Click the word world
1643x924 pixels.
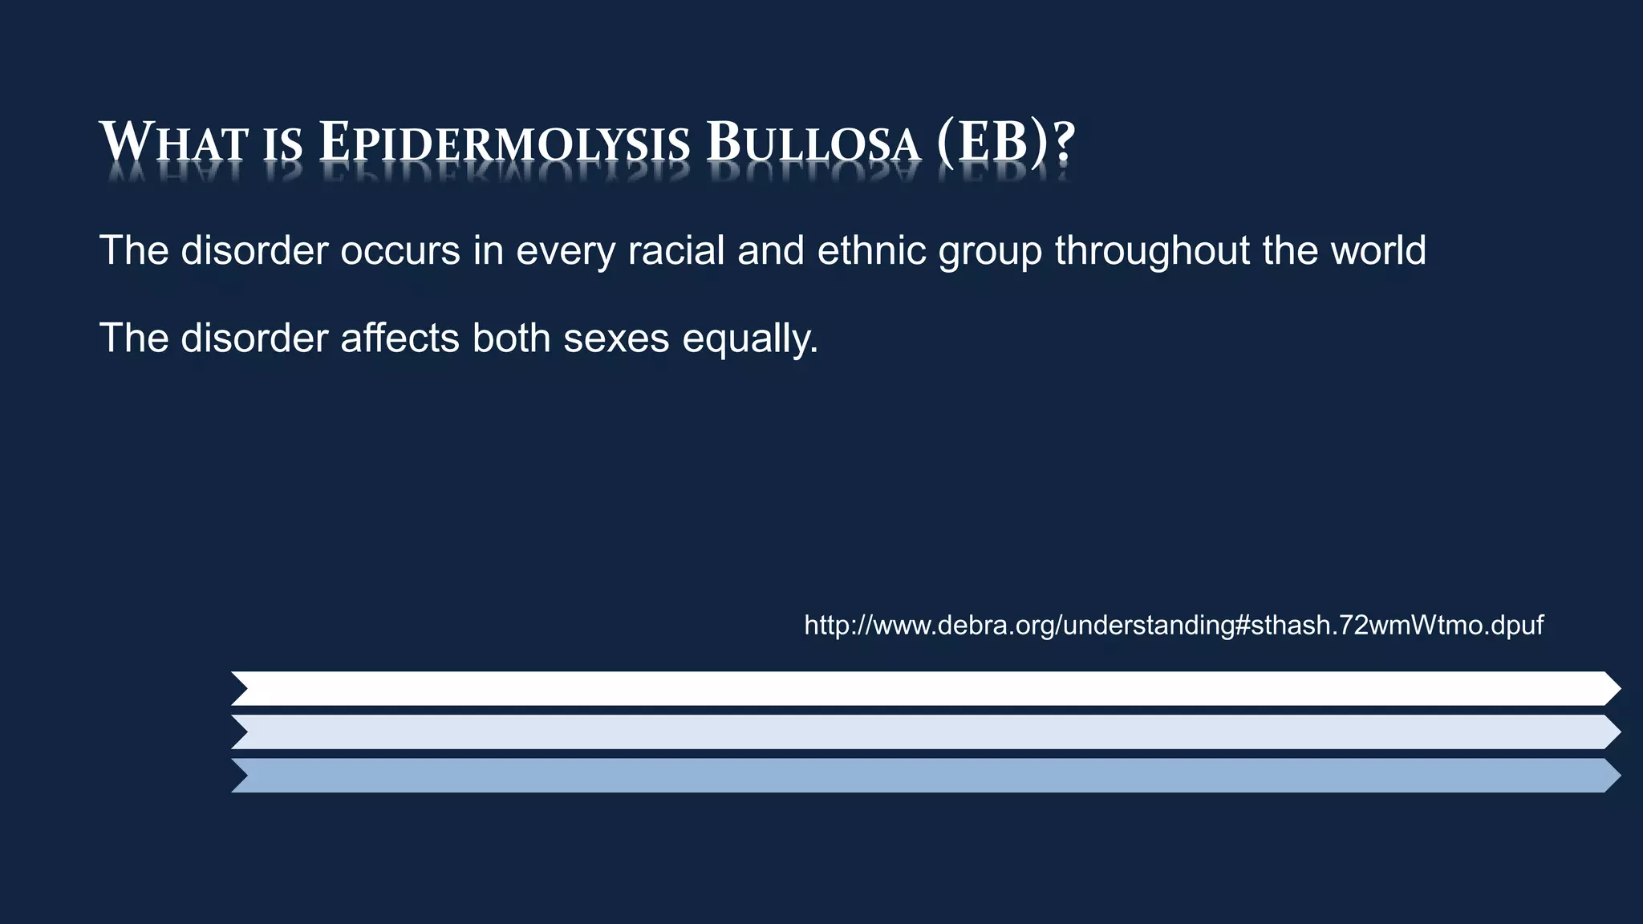(1378, 250)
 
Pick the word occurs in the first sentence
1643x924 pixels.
(400, 250)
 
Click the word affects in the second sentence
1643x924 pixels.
(400, 338)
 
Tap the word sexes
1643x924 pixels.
(616, 338)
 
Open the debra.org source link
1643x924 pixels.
(1173, 625)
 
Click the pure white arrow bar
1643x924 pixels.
(923, 688)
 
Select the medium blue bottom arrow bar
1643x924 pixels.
(923, 776)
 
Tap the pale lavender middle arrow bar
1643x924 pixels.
(923, 731)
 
